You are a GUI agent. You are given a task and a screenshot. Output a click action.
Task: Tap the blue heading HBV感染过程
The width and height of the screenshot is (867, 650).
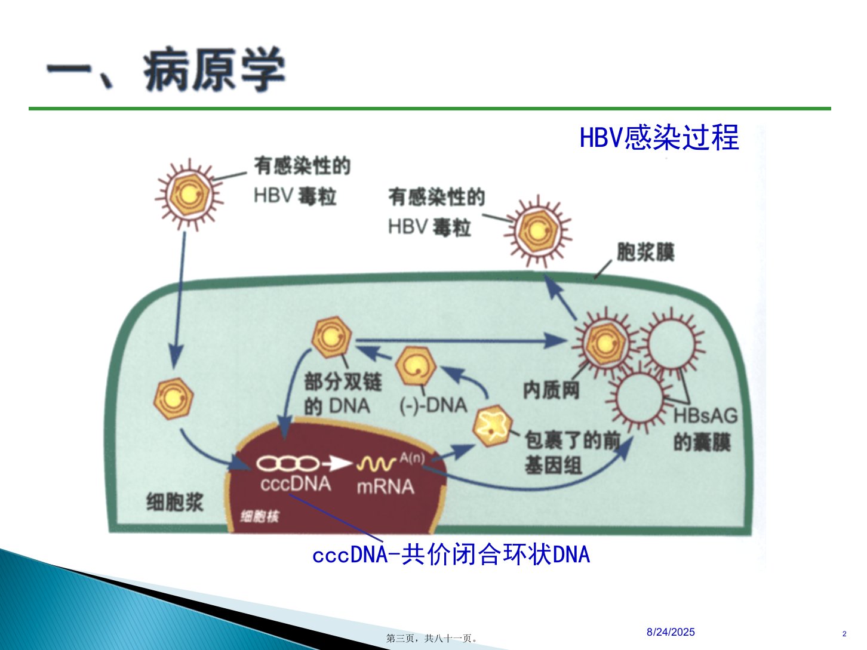[659, 137]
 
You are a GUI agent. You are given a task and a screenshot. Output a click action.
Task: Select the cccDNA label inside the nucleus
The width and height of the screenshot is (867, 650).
[296, 484]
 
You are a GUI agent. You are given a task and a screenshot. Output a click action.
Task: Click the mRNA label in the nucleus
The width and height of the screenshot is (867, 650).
[386, 486]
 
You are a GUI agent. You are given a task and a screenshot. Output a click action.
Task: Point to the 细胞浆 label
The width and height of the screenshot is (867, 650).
[174, 503]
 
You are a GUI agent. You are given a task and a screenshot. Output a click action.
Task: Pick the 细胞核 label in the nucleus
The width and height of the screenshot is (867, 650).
[260, 516]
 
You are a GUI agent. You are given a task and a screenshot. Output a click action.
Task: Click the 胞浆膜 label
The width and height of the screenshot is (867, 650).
[645, 252]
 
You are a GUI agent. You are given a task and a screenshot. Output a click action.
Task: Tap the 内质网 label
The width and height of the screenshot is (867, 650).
[551, 390]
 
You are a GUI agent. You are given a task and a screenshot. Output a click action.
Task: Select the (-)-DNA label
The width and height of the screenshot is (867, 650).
[433, 405]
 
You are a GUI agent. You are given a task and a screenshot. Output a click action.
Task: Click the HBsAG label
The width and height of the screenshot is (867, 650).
[705, 415]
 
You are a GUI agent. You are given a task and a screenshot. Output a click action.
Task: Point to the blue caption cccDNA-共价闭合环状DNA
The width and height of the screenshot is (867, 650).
[451, 554]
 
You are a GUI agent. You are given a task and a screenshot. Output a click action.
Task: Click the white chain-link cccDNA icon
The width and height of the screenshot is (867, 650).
[288, 463]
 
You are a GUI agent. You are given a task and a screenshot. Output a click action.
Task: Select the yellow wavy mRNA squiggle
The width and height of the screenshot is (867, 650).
[376, 464]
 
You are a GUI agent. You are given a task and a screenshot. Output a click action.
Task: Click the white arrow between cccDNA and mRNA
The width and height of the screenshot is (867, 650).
[337, 464]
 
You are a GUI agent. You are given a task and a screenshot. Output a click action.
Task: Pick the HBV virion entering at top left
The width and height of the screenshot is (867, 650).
[189, 195]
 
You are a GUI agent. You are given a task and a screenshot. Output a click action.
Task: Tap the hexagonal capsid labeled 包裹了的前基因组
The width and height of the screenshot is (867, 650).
[492, 426]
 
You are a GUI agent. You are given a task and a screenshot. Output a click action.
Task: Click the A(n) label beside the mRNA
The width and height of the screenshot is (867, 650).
[413, 458]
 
